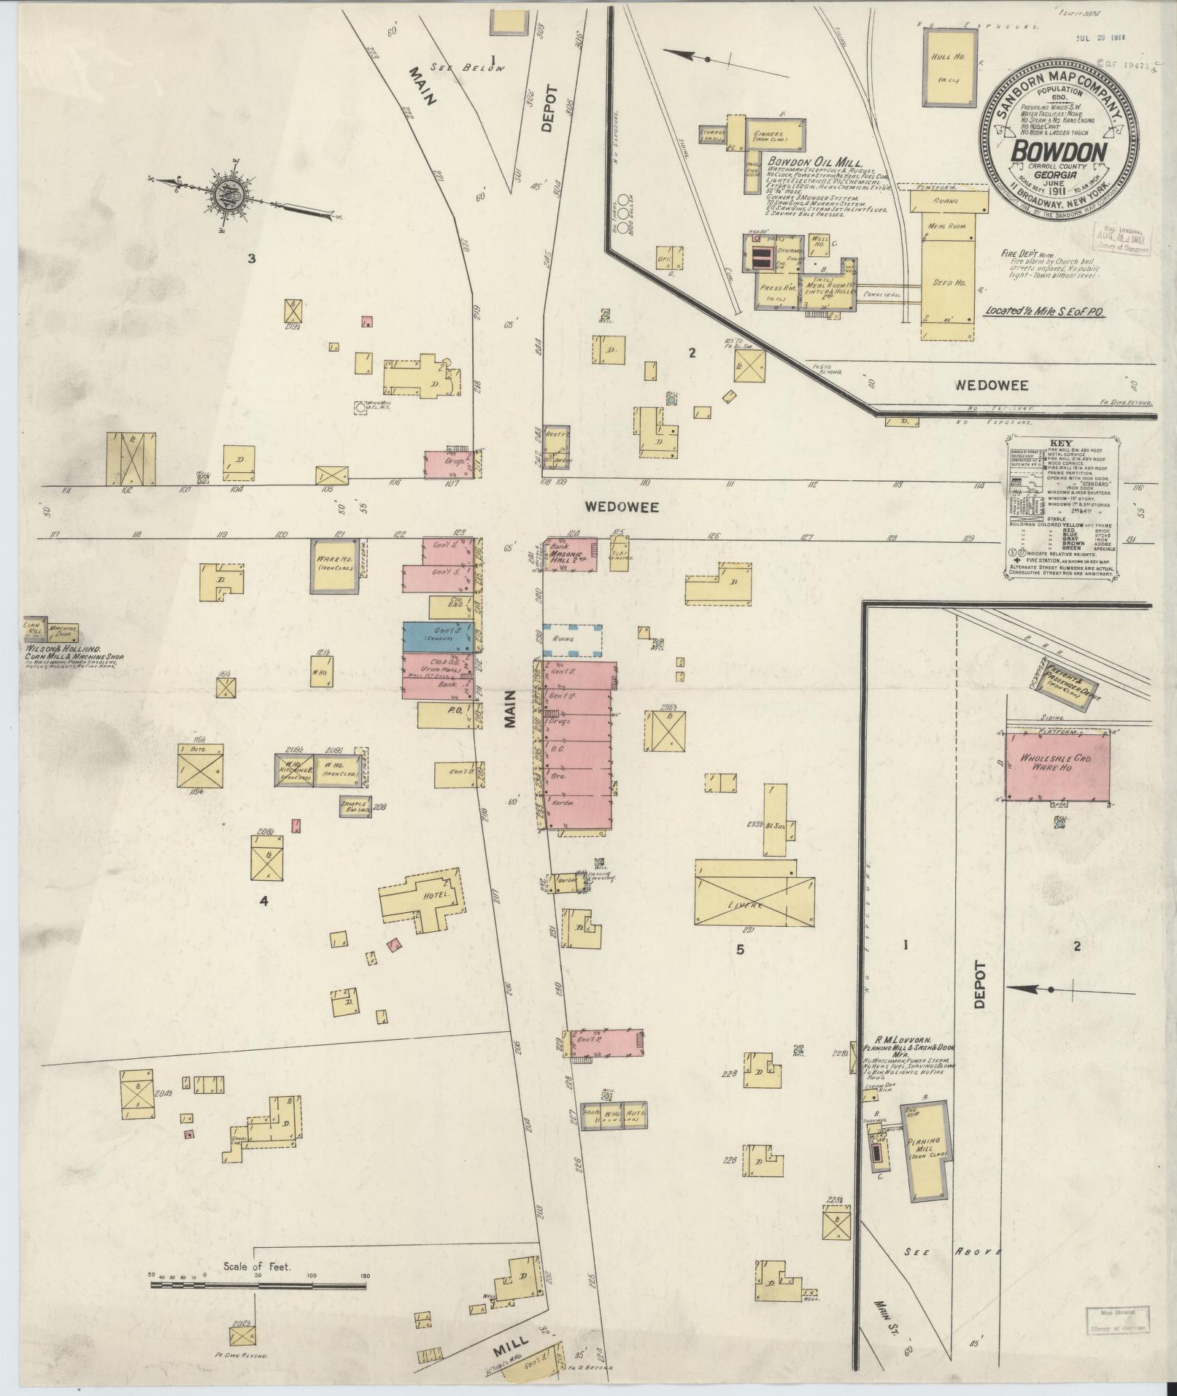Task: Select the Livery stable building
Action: click(754, 892)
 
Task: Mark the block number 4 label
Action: click(264, 901)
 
